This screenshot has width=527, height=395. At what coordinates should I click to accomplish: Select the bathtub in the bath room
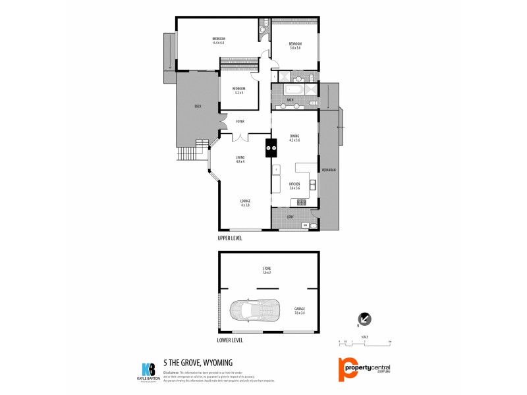(x=294, y=90)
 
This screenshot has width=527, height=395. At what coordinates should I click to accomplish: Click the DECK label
(x=198, y=106)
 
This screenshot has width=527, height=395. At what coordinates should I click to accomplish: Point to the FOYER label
(x=240, y=121)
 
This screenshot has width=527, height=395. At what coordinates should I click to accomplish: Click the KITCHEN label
(x=294, y=184)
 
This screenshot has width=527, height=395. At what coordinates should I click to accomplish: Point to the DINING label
(x=294, y=136)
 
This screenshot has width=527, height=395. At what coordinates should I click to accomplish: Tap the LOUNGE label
(x=245, y=201)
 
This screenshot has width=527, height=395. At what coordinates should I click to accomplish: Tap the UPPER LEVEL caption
(x=231, y=238)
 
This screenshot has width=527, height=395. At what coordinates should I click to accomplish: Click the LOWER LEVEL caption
(x=231, y=340)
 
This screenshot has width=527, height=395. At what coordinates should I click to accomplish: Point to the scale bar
(x=365, y=342)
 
